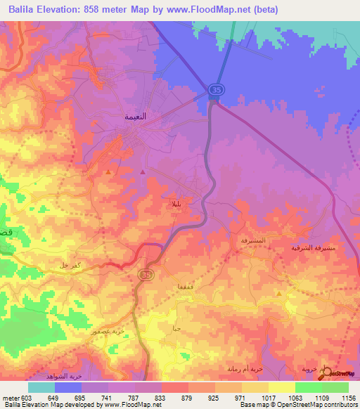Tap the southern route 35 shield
pyautogui.click(x=146, y=274)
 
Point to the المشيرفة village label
pyautogui.click(x=254, y=240)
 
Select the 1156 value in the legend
pyautogui.click(x=348, y=398)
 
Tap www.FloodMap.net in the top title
pyautogui.click(x=219, y=9)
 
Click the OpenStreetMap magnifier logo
pyautogui.click(x=324, y=372)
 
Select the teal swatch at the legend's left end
pyautogui.click(x=41, y=387)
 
